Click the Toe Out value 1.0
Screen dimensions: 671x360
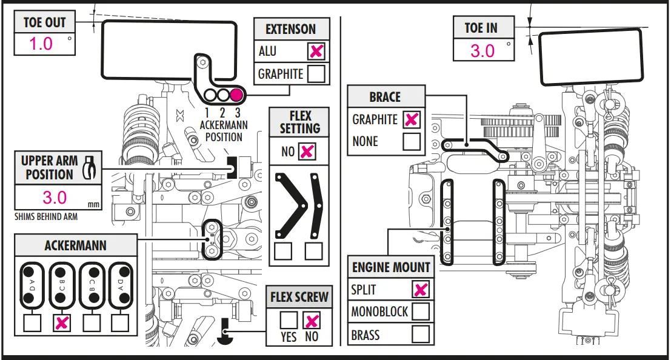click(x=41, y=44)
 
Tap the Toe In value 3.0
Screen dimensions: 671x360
click(x=482, y=50)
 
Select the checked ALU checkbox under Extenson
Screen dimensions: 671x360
click(x=316, y=52)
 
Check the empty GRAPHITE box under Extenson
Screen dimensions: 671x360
click(x=316, y=73)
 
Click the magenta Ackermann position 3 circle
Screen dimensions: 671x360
click(x=236, y=95)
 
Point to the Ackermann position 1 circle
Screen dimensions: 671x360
click(x=210, y=95)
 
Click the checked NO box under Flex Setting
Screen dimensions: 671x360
click(x=307, y=152)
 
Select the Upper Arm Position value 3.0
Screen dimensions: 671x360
click(x=55, y=198)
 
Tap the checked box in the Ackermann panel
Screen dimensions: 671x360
click(x=62, y=323)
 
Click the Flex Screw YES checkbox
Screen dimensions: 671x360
click(x=289, y=320)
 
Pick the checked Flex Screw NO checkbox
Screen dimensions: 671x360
click(x=312, y=320)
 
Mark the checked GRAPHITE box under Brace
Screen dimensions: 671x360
click(x=411, y=119)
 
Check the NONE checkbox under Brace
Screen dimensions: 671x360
click(x=411, y=141)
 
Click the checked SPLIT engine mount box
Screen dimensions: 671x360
click(x=421, y=289)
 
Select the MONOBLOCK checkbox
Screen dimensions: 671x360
click(x=421, y=312)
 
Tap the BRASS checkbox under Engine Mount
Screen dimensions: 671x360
click(x=421, y=335)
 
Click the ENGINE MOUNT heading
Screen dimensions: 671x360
click(x=391, y=267)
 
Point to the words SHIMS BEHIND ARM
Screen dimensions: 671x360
click(x=46, y=216)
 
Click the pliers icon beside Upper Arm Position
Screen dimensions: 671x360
click(x=90, y=167)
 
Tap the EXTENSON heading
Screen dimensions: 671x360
click(x=290, y=30)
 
